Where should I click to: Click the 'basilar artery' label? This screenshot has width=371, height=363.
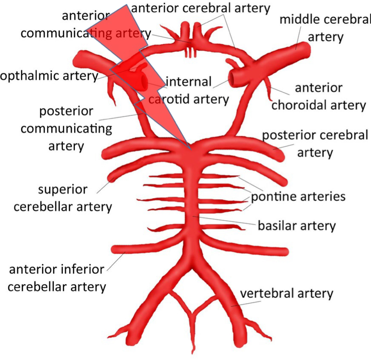click(x=296, y=226)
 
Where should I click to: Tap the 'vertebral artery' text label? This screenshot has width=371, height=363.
click(x=287, y=293)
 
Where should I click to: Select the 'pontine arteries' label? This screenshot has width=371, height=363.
click(x=298, y=196)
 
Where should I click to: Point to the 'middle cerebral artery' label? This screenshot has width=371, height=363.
click(x=325, y=28)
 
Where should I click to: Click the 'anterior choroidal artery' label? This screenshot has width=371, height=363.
click(x=318, y=96)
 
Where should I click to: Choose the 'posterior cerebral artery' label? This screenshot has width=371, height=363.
click(x=315, y=144)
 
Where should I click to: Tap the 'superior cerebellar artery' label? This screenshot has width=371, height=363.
click(x=62, y=198)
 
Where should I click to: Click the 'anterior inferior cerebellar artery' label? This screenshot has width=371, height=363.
click(x=57, y=278)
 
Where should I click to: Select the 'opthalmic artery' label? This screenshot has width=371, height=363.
click(x=49, y=76)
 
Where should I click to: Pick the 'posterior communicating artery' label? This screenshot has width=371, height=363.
click(x=66, y=128)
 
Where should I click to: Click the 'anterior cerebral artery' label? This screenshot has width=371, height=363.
click(x=201, y=8)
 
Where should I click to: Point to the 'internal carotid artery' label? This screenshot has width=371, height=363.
click(x=189, y=90)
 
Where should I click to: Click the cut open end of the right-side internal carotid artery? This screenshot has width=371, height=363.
click(x=233, y=78)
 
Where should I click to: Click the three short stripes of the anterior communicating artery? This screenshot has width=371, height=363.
click(x=191, y=52)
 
